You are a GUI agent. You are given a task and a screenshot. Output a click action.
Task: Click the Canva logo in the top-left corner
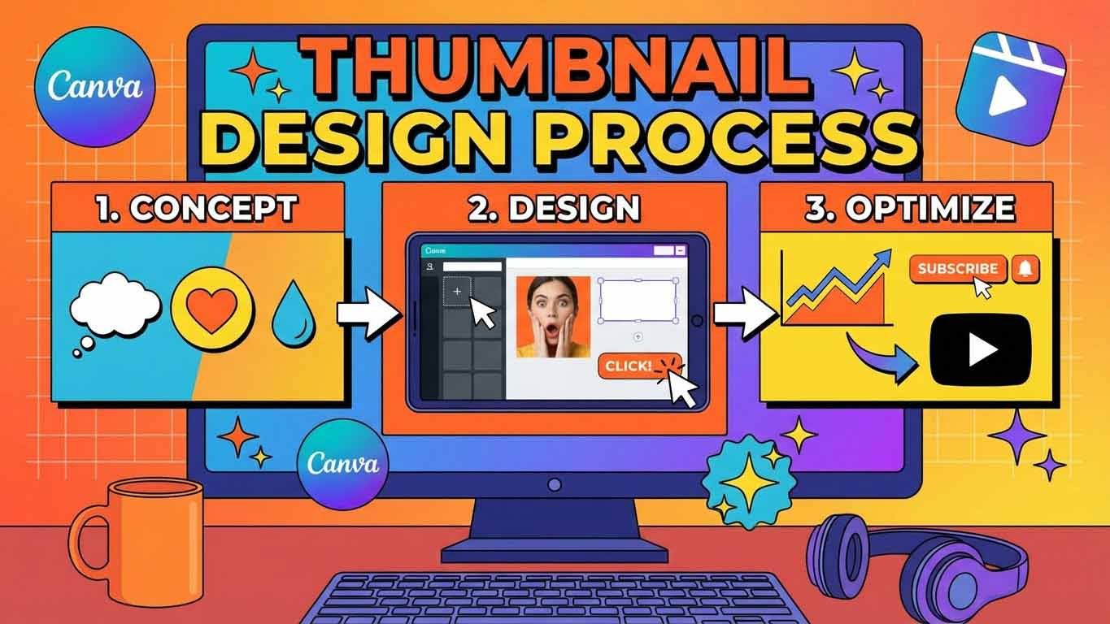94,87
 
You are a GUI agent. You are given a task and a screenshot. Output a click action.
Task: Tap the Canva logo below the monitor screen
343,464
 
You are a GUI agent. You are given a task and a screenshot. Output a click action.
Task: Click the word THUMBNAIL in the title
555,68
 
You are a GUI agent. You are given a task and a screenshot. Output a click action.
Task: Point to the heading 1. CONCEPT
197,208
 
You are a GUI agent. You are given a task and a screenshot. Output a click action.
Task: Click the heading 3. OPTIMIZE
909,208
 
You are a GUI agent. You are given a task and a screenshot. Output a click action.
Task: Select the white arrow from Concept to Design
369,314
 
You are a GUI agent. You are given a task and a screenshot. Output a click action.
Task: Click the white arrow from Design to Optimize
745,314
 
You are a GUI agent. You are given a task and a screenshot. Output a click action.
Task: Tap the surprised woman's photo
553,316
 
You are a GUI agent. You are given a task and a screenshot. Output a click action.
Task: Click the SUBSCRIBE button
959,269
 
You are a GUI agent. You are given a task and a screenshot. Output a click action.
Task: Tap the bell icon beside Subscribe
1025,269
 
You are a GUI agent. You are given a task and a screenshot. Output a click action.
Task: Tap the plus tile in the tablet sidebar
457,291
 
